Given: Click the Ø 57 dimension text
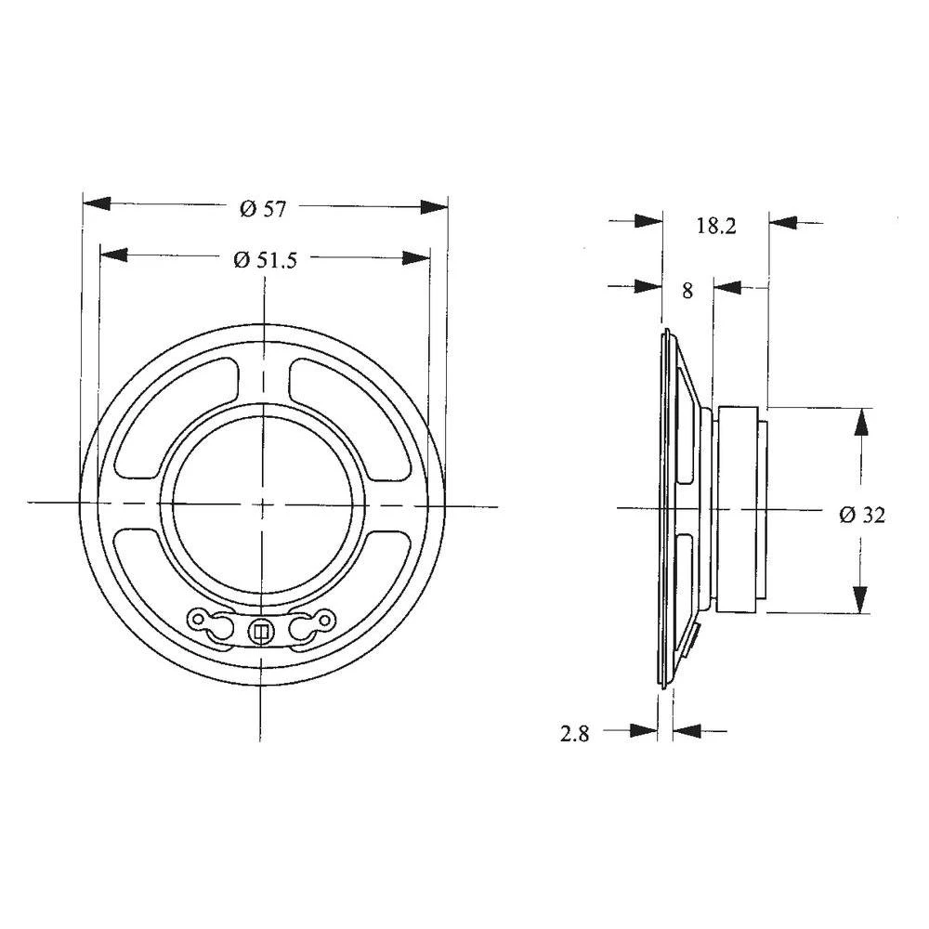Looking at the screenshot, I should click(262, 209).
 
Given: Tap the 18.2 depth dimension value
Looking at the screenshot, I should click(715, 226).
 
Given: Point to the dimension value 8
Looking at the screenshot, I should click(687, 291).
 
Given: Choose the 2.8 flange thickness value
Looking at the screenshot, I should click(575, 735).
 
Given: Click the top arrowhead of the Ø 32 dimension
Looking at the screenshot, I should click(862, 422).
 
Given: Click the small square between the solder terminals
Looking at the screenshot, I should click(260, 632).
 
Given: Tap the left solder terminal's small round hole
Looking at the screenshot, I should click(199, 617).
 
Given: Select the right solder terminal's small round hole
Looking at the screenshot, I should click(324, 617).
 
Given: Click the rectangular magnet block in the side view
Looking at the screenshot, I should click(739, 509).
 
